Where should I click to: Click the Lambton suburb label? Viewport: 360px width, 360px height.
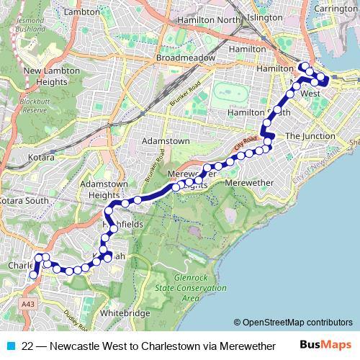(x=81, y=12)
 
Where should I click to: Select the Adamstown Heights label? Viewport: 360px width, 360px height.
(x=99, y=190)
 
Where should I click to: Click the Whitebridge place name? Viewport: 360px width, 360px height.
(x=125, y=313)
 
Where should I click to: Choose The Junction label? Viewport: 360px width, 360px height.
(x=310, y=135)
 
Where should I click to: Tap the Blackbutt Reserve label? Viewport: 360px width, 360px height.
(x=34, y=106)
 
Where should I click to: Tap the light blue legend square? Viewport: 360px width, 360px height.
(x=10, y=346)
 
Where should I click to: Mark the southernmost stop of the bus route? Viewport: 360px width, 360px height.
(x=32, y=274)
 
